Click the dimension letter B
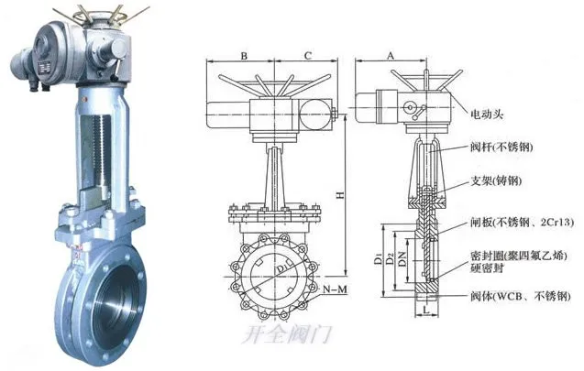pyautogui.click(x=244, y=56)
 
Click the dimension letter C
pyautogui.click(x=308, y=56)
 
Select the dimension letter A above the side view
pyautogui.click(x=390, y=56)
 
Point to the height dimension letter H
pyautogui.click(x=340, y=195)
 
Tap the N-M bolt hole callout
pyautogui.click(x=335, y=289)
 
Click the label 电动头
pyautogui.click(x=487, y=114)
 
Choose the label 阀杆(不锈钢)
pyautogui.click(x=501, y=147)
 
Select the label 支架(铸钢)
pyautogui.click(x=496, y=181)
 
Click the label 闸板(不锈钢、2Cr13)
pyautogui.click(x=522, y=223)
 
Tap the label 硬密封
pyautogui.click(x=487, y=267)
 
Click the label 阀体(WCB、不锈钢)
pyautogui.click(x=520, y=296)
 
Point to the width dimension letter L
pyautogui.click(x=426, y=309)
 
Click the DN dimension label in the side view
pyautogui.click(x=402, y=258)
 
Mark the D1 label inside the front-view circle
pyautogui.click(x=281, y=267)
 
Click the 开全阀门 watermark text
pyautogui.click(x=287, y=333)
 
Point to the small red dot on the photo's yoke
pyautogui.click(x=85, y=99)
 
